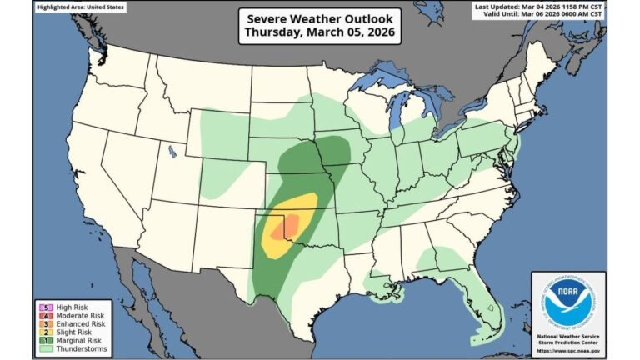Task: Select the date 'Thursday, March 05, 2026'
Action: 319,33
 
